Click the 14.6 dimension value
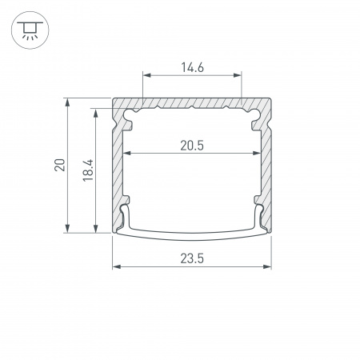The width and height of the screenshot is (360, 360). pyautogui.click(x=192, y=67)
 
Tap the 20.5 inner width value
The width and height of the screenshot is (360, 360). pyautogui.click(x=192, y=146)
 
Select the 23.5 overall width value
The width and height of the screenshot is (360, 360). pyautogui.click(x=192, y=258)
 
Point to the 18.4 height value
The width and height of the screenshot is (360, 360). pyautogui.click(x=88, y=170)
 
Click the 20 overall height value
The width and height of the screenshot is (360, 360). pyautogui.click(x=60, y=165)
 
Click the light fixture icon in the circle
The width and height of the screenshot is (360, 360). pyautogui.click(x=30, y=30)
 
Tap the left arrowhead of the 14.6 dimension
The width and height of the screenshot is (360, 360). pyautogui.click(x=147, y=75)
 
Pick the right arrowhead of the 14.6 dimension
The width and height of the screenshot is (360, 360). pyautogui.click(x=238, y=75)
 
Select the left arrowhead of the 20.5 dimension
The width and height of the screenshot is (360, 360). pyautogui.click(x=127, y=153)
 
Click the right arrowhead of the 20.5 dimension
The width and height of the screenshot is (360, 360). pyautogui.click(x=257, y=153)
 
